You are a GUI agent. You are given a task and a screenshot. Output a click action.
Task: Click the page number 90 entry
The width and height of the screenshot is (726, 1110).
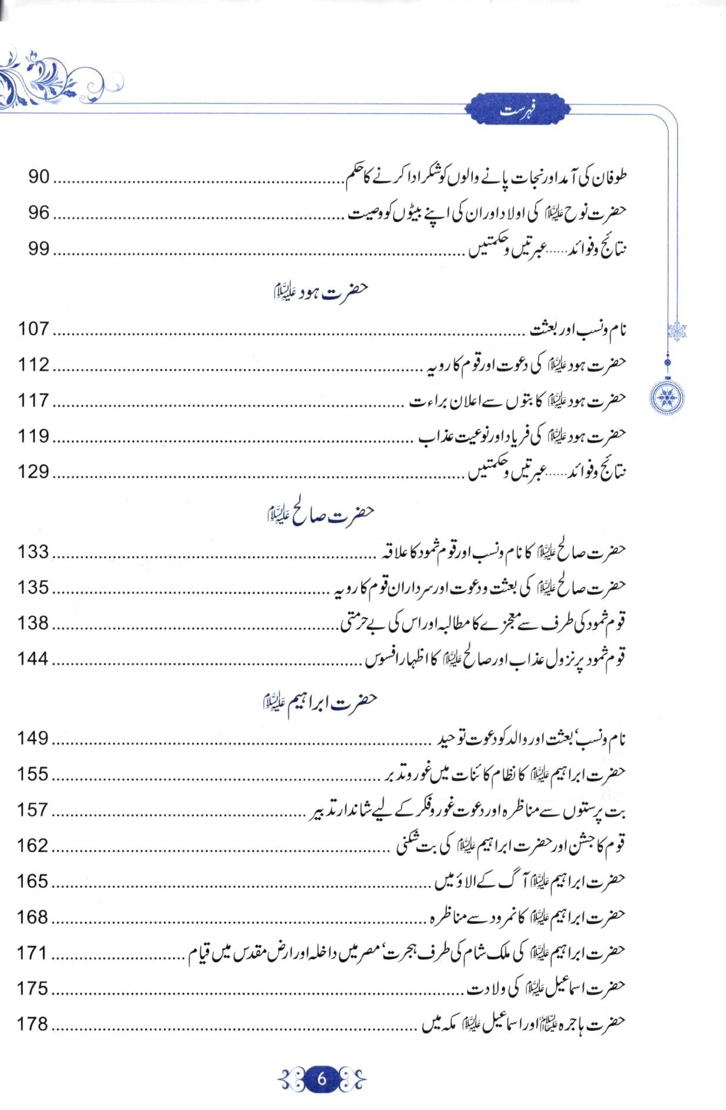pyautogui.click(x=39, y=177)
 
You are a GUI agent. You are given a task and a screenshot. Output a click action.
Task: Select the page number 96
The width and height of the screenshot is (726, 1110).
pyautogui.click(x=39, y=213)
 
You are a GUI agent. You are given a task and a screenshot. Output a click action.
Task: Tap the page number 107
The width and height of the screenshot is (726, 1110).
pyautogui.click(x=33, y=328)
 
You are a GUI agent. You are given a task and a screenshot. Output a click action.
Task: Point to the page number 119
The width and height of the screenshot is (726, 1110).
pyautogui.click(x=33, y=436)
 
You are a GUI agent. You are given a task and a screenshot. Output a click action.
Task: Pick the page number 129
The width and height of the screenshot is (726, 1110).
pyautogui.click(x=33, y=471)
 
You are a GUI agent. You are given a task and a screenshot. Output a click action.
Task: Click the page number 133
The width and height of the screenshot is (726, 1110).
pyautogui.click(x=33, y=552)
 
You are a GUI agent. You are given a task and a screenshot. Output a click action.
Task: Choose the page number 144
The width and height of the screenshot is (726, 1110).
pyautogui.click(x=33, y=659)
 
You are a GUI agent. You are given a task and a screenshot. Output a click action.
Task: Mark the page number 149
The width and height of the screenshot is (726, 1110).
pyautogui.click(x=33, y=738)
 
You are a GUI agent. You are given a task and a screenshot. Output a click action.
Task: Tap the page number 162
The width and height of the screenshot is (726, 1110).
pyautogui.click(x=33, y=846)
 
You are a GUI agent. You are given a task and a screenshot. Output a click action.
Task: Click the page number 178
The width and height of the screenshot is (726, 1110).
pyautogui.click(x=33, y=1024)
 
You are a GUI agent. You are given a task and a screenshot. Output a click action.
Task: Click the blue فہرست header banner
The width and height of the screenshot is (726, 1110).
pyautogui.click(x=517, y=110)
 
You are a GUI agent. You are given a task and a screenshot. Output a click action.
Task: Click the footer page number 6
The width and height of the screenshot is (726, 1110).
pyautogui.click(x=322, y=1079)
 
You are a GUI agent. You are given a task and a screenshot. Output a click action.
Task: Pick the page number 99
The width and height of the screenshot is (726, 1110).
pyautogui.click(x=39, y=249)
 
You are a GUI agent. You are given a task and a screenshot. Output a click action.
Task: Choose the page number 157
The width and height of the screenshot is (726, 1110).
pyautogui.click(x=33, y=810)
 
